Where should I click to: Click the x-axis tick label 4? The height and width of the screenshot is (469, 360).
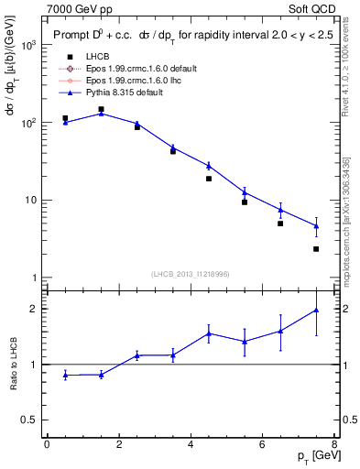click(x=191, y=444)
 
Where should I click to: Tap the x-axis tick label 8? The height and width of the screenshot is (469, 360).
click(x=334, y=444)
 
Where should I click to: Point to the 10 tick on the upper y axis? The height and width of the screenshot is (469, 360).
click(x=30, y=200)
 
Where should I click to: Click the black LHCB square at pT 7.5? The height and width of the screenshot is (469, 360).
click(x=316, y=249)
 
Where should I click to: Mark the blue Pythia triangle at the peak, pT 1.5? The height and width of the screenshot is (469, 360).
click(x=102, y=113)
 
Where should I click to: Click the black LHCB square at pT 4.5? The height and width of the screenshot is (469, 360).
click(x=209, y=179)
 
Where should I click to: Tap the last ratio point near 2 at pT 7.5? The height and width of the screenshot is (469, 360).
click(x=316, y=310)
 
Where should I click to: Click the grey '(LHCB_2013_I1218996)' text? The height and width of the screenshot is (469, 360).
click(x=190, y=275)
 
